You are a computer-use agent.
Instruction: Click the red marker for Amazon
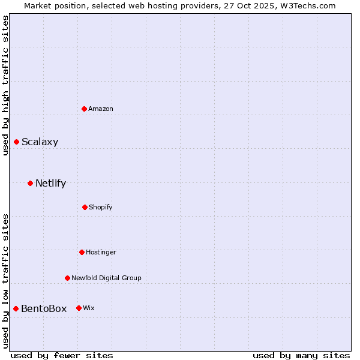[x=85, y=109]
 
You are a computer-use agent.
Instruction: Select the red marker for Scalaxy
[x=17, y=142]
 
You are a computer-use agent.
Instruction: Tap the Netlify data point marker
[x=30, y=183]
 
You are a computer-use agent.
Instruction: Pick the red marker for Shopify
[x=85, y=207]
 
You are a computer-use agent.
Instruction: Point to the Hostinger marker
[x=82, y=252]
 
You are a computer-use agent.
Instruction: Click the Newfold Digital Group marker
[x=67, y=278]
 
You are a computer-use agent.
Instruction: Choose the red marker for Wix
[x=79, y=308]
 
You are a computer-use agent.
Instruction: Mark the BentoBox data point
[x=16, y=308]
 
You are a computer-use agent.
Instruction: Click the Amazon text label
[x=101, y=109]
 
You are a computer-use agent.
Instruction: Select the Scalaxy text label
[x=40, y=142]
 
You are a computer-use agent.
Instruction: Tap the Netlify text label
[x=50, y=184]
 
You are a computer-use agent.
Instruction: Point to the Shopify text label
[x=100, y=208]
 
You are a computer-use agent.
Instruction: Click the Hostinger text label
[x=101, y=253]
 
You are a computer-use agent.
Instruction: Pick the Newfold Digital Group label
[x=106, y=278]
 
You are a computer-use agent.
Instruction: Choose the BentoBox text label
[x=44, y=309]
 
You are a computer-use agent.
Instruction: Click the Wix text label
[x=89, y=308]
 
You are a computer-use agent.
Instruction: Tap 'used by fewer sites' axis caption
[x=62, y=355]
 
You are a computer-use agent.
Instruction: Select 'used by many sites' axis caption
[x=301, y=355]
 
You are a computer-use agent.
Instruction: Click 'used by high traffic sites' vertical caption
[x=5, y=85]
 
